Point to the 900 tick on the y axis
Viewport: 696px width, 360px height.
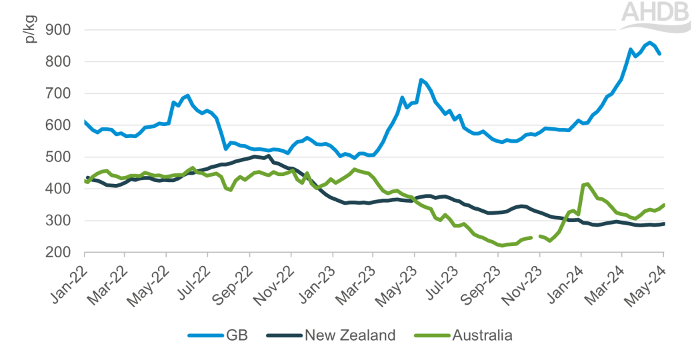point(58,30)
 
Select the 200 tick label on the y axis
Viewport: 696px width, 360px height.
point(58,253)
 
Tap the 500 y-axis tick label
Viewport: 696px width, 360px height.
point(58,157)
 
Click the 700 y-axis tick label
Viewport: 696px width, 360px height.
point(58,94)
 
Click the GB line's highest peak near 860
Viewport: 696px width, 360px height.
point(650,43)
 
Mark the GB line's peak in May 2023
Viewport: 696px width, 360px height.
point(421,80)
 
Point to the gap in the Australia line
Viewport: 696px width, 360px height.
point(535,237)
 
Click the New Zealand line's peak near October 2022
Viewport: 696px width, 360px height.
point(268,156)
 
